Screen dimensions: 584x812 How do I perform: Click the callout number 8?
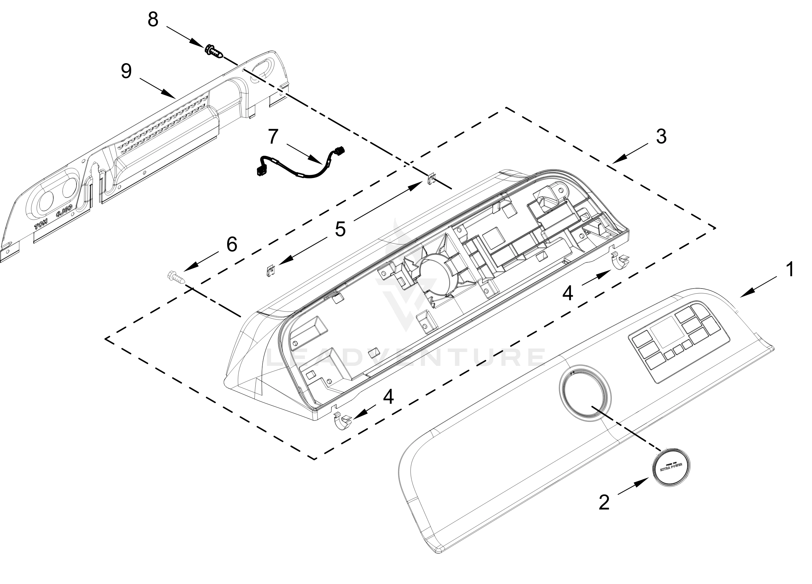coord(153,20)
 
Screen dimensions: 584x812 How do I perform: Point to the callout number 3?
coord(661,137)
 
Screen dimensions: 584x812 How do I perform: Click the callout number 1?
coord(790,269)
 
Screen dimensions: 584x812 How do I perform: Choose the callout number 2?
coord(604,503)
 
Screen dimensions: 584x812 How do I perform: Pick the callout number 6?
coord(232,245)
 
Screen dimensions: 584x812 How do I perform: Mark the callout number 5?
coord(340,229)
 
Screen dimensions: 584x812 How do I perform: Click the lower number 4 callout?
coord(388,397)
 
